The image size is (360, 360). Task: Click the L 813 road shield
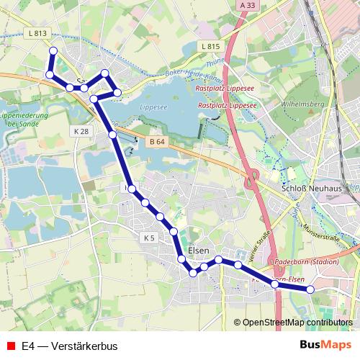coord(40,33)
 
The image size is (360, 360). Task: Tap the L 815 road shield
coord(210,46)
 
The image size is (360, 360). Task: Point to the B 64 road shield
coord(157,142)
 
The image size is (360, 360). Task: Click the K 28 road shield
coord(81,131)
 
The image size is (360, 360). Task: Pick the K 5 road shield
coord(149,238)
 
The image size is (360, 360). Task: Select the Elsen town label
coord(197,251)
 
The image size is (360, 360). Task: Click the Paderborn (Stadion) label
coord(307,261)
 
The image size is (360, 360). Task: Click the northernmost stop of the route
coord(53,50)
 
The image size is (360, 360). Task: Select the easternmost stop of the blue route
coord(311,289)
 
